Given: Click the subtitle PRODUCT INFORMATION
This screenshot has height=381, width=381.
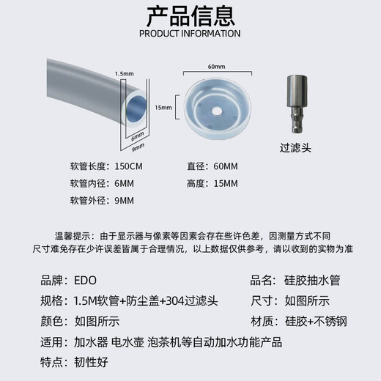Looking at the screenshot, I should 190,33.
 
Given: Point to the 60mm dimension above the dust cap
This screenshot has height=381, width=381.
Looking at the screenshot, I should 216,67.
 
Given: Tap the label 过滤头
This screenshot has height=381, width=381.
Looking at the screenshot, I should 296,148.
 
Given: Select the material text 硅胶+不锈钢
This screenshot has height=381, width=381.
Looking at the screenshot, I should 316,321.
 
